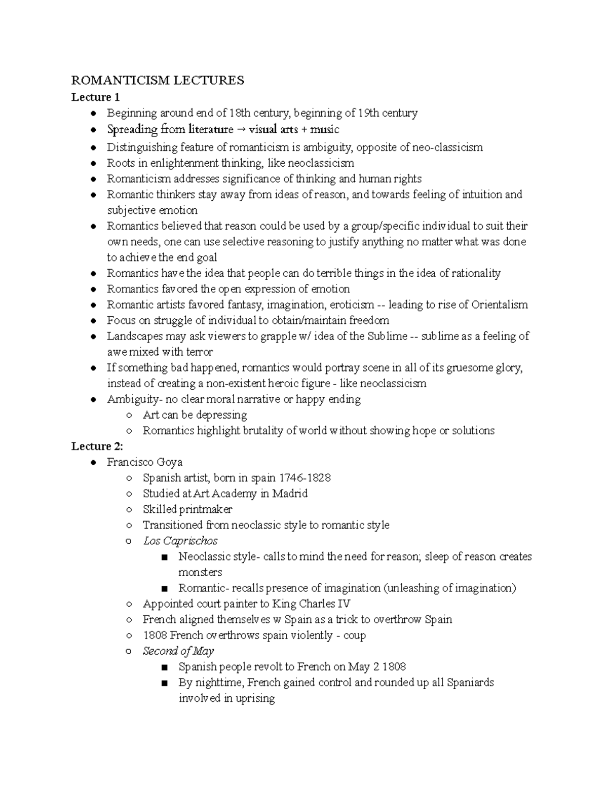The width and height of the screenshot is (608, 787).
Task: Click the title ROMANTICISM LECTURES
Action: pos(158,80)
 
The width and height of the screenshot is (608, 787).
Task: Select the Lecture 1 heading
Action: pos(95,97)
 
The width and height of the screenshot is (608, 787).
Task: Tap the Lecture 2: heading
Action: pos(97,446)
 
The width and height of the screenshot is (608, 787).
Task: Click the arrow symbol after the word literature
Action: pos(241,130)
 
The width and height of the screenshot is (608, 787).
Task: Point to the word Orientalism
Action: pos(500,305)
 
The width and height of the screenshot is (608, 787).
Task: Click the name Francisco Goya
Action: pos(144,462)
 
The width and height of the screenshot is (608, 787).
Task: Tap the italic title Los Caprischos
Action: pos(180,541)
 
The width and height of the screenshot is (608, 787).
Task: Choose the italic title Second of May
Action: pos(178,651)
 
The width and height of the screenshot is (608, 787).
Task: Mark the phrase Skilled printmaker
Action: pos(187,509)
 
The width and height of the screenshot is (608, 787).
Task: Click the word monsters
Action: pos(200,572)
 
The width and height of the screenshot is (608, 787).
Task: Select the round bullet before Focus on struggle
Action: pos(93,321)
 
